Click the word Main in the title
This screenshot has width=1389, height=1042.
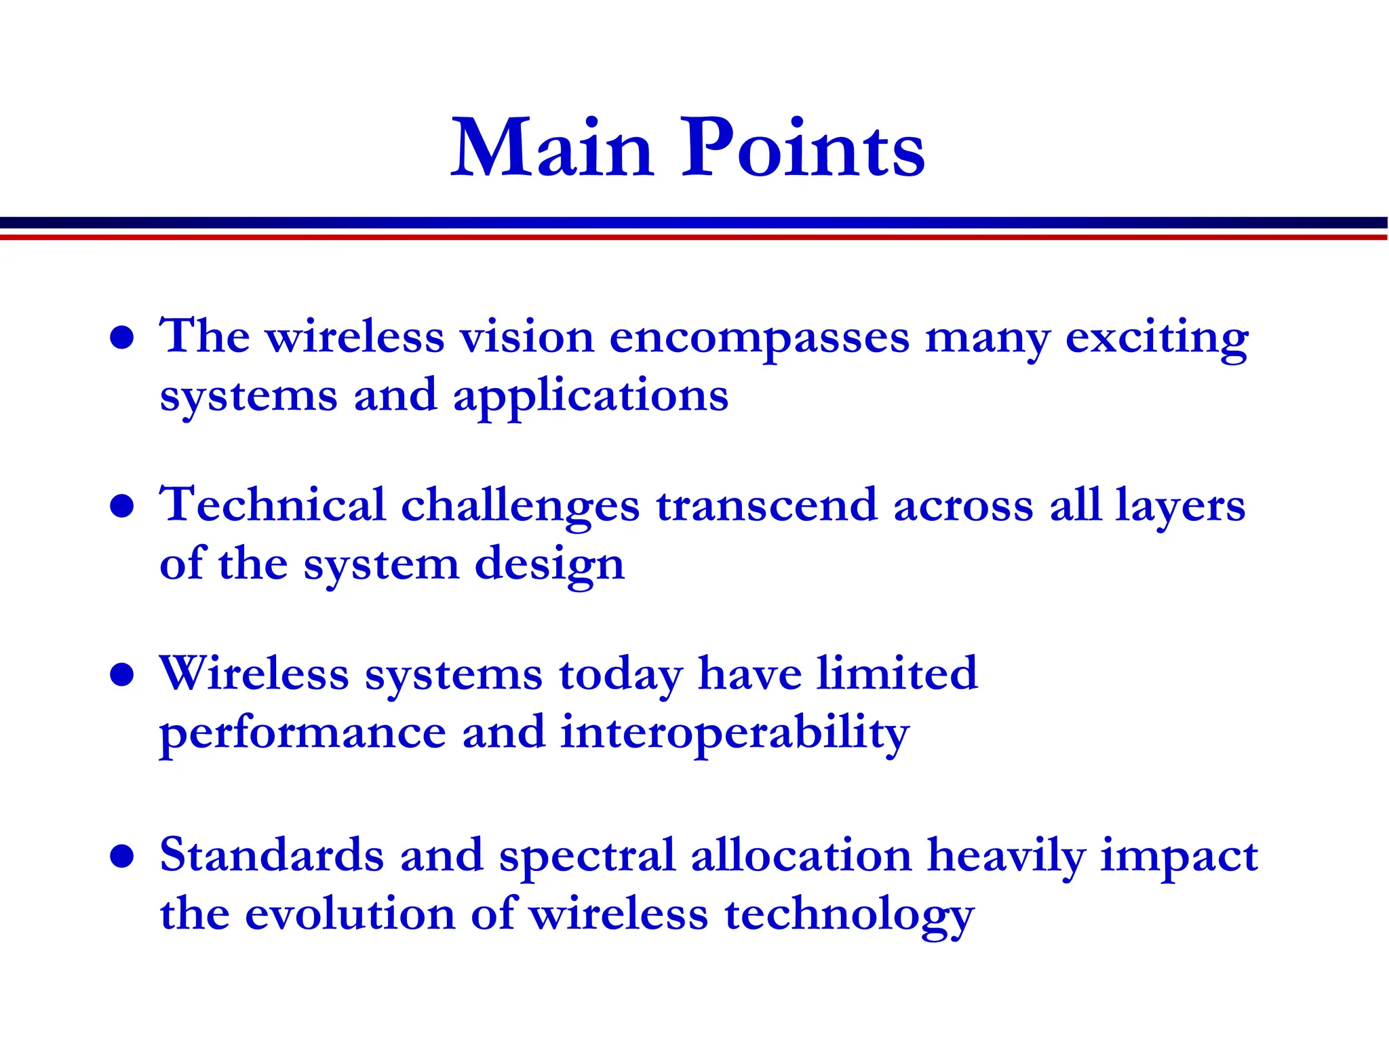tap(552, 149)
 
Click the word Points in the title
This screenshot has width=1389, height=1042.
tap(803, 149)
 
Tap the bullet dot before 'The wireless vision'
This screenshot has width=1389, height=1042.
tap(122, 337)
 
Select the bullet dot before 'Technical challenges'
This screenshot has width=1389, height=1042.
tap(122, 506)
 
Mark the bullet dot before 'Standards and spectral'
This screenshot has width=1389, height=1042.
tap(122, 856)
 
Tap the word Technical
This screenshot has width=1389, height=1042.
tap(272, 505)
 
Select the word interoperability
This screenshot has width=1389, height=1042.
tap(735, 734)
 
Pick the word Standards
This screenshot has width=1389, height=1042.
tap(272, 855)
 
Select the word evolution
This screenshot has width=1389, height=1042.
tap(349, 914)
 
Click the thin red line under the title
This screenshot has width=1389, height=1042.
tap(694, 237)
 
